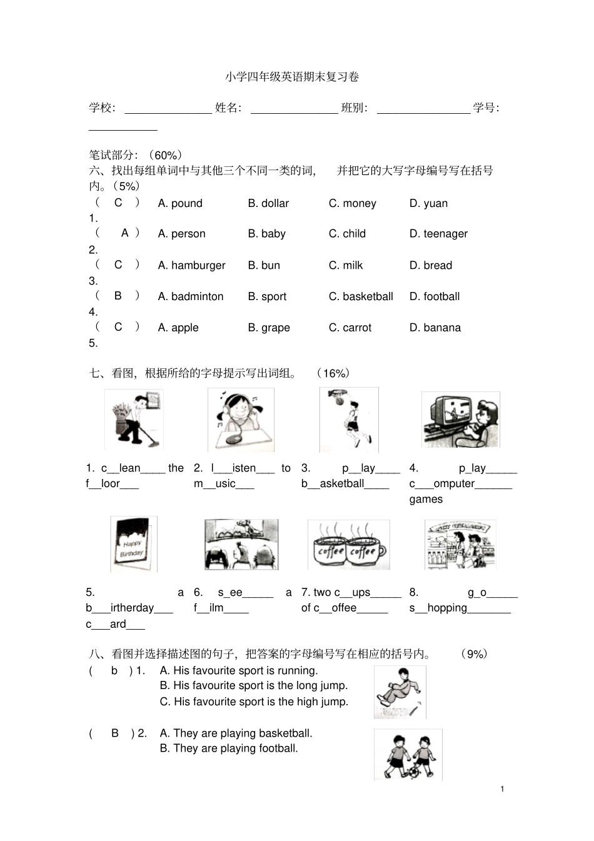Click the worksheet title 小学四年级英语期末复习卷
click(292, 77)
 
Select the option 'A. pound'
click(180, 203)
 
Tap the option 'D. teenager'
click(438, 234)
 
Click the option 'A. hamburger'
click(191, 265)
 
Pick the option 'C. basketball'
click(361, 296)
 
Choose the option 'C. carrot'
click(350, 328)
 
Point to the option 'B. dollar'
click(268, 203)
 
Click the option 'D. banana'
click(435, 328)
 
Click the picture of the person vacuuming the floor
click(134, 419)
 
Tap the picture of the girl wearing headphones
click(241, 420)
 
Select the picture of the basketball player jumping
click(349, 419)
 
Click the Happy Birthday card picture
click(133, 544)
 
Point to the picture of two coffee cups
click(348, 545)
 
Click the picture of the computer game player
click(460, 420)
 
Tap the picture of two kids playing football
click(408, 754)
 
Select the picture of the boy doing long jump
click(400, 692)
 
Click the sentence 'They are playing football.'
click(229, 748)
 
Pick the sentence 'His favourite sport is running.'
click(239, 670)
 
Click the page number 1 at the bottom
click(502, 789)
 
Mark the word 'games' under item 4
click(426, 499)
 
